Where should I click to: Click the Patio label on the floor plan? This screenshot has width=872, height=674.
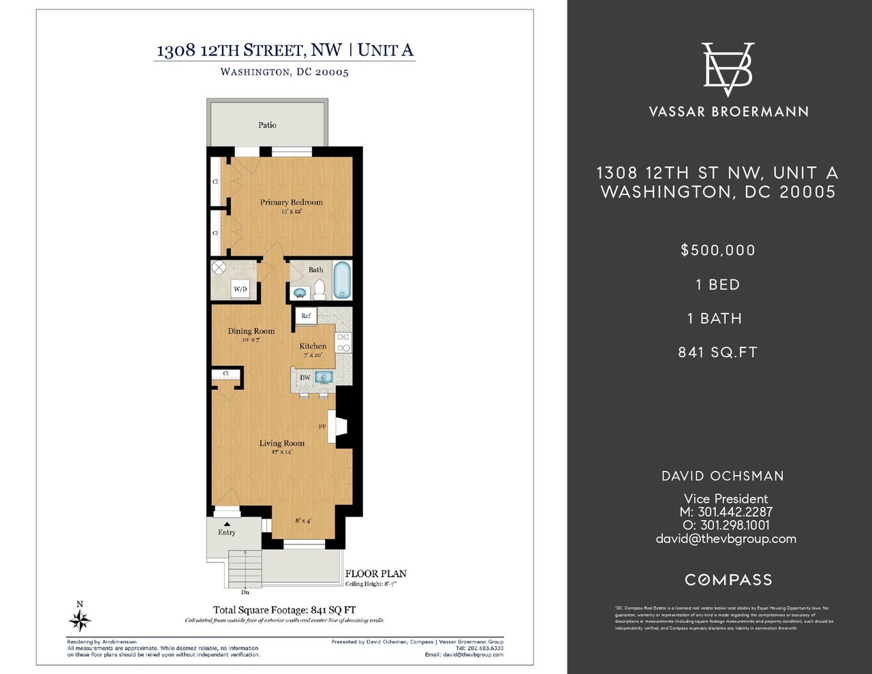tap(267, 125)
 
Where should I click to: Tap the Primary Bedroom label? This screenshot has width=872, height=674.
tap(291, 202)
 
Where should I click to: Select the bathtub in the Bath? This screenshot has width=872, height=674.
tap(343, 280)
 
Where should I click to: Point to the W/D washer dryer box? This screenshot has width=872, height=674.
tap(240, 289)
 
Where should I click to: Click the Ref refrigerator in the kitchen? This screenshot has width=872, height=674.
tap(306, 316)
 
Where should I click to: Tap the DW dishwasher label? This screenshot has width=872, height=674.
tap(305, 378)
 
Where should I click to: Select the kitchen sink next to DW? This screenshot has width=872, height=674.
tap(324, 377)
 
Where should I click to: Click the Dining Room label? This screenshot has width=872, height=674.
tap(251, 331)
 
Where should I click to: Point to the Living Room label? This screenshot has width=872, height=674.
tap(281, 443)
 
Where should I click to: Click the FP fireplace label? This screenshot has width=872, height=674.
tap(322, 427)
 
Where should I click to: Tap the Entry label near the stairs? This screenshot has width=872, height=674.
tap(227, 532)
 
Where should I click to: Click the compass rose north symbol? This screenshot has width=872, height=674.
tap(80, 620)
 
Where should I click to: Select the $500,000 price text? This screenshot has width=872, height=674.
tap(718, 250)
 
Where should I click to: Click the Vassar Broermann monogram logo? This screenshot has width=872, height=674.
tap(728, 70)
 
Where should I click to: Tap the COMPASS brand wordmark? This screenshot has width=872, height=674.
tap(728, 580)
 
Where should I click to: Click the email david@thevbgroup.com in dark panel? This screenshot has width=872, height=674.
tap(726, 538)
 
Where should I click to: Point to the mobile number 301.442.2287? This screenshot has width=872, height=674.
tap(735, 512)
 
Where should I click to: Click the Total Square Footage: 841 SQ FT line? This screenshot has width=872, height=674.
tap(284, 610)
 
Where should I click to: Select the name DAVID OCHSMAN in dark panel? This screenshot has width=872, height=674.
tap(723, 476)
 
